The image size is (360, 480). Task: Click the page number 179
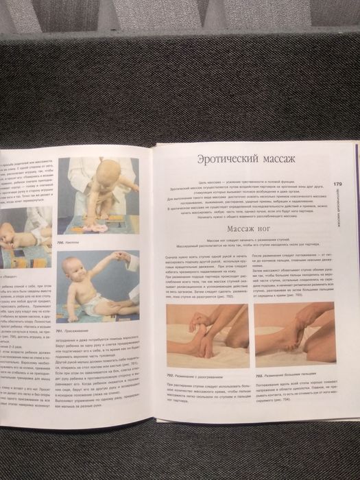pos(338,184)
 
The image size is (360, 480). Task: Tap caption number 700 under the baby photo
pos(63,243)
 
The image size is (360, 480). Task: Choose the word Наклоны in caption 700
pos(80,243)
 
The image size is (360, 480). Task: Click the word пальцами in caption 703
pos(317,376)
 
